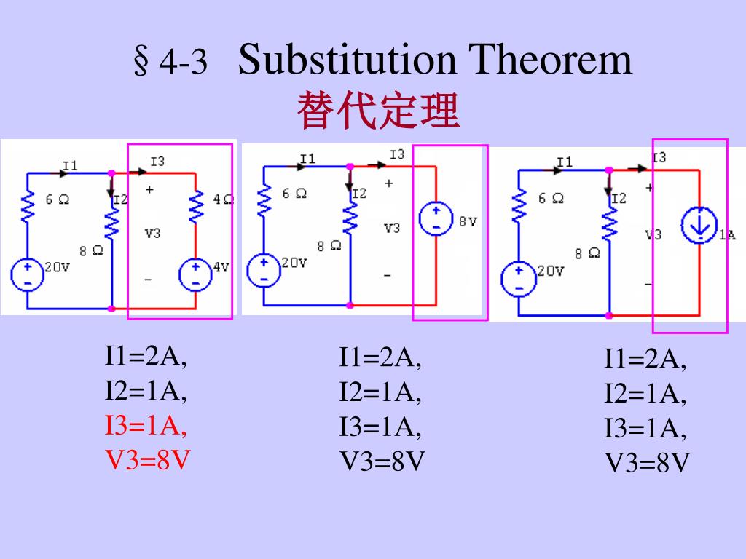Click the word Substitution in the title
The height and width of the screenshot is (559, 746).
[349, 60]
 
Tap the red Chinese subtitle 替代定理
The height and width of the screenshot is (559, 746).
[378, 112]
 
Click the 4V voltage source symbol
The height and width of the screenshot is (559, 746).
[194, 274]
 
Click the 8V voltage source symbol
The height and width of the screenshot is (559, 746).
[436, 219]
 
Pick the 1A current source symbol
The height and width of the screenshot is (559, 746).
[699, 226]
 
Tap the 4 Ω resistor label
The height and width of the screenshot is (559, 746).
[223, 199]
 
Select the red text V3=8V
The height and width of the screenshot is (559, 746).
[148, 460]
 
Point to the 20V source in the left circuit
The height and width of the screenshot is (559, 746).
[27, 274]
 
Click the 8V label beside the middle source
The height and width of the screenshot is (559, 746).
[468, 221]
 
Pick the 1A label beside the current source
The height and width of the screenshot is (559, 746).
[727, 234]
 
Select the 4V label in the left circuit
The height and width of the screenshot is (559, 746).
[220, 267]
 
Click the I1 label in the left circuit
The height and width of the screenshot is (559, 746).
[70, 165]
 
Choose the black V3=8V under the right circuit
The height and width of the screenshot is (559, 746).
[647, 464]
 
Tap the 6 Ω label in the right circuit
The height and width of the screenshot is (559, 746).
[551, 198]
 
